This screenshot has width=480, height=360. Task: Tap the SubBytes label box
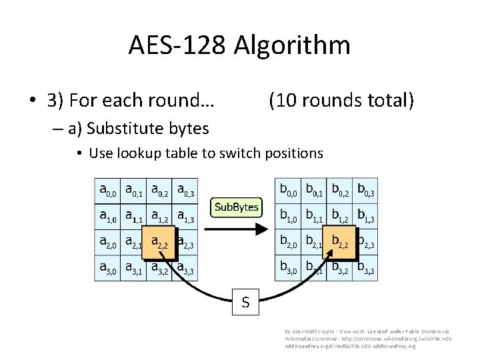[235, 207]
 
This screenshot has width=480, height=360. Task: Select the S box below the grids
[245, 303]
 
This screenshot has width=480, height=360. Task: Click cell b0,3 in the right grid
[365, 191]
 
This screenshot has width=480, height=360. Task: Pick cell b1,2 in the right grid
[341, 217]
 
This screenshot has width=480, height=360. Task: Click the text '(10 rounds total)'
[341, 101]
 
